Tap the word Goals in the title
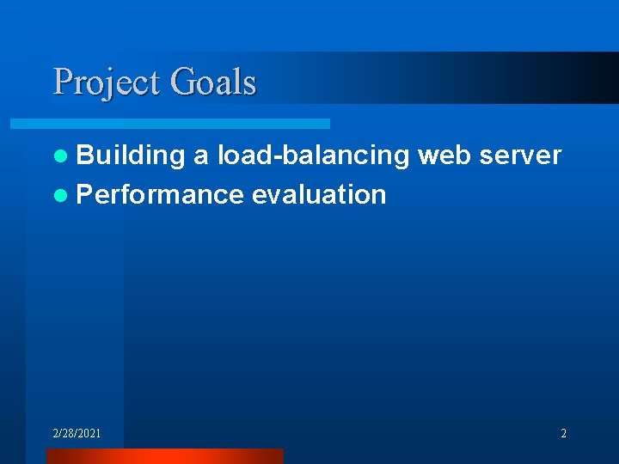click(x=213, y=83)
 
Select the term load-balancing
click(x=314, y=156)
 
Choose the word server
click(x=520, y=156)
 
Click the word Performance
click(x=160, y=195)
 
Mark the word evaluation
click(x=319, y=195)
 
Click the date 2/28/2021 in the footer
click(x=77, y=433)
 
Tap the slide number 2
click(x=563, y=433)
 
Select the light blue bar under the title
click(x=189, y=124)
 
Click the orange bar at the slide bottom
click(x=163, y=455)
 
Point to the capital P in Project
click(x=62, y=82)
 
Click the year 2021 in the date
click(x=89, y=433)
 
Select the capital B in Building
click(x=84, y=156)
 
